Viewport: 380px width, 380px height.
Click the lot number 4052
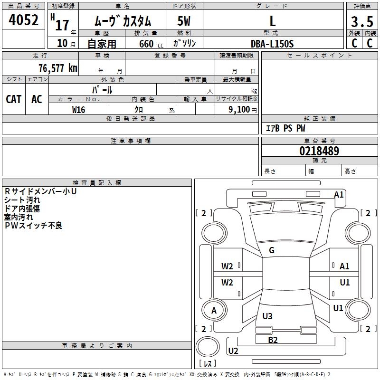pyautogui.click(x=23, y=20)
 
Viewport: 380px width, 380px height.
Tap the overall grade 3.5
pyautogui.click(x=362, y=21)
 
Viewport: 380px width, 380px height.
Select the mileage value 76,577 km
pyautogui.click(x=58, y=68)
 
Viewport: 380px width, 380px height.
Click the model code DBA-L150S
pyautogui.click(x=272, y=44)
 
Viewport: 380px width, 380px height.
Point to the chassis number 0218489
pyautogui.click(x=319, y=151)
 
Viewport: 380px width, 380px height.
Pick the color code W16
pyautogui.click(x=78, y=110)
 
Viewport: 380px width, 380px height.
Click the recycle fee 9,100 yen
pyautogui.click(x=243, y=110)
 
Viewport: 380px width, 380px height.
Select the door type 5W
pyautogui.click(x=184, y=21)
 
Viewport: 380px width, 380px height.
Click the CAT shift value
pyautogui.click(x=14, y=99)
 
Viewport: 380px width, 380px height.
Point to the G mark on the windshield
pyautogui.click(x=272, y=250)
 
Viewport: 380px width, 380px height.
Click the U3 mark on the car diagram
pyautogui.click(x=267, y=316)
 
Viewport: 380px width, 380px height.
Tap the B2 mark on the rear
pyautogui.click(x=273, y=340)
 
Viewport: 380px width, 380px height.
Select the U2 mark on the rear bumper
pyautogui.click(x=233, y=351)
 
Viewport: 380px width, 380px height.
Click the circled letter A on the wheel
pyautogui.click(x=214, y=311)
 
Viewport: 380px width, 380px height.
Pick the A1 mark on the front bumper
pyautogui.click(x=339, y=194)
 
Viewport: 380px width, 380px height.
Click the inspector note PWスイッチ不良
pyautogui.click(x=33, y=226)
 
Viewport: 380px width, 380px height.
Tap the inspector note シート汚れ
pyautogui.click(x=22, y=200)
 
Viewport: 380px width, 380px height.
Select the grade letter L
pyautogui.click(x=273, y=21)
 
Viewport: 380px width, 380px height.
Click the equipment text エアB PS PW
pyautogui.click(x=285, y=128)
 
